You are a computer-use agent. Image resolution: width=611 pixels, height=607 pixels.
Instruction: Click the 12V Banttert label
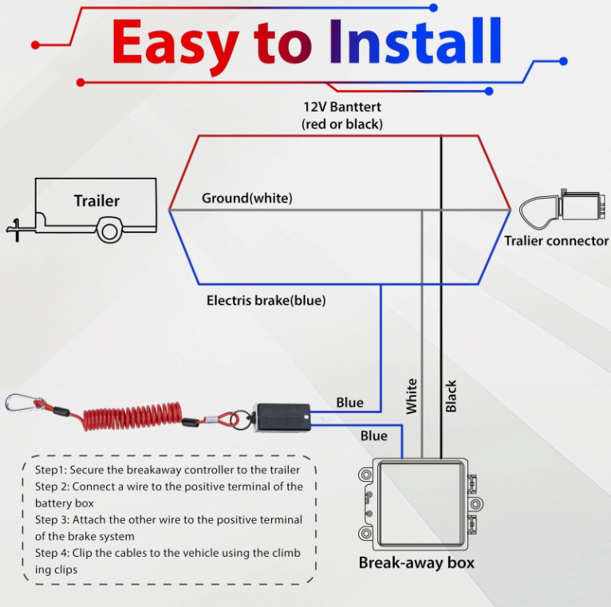342,106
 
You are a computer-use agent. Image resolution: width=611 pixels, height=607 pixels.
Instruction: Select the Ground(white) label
247,198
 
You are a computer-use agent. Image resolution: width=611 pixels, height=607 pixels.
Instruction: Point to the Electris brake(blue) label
266,301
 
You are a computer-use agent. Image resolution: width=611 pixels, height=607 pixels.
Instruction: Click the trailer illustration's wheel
108,231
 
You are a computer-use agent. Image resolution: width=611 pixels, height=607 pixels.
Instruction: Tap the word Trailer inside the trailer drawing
97,201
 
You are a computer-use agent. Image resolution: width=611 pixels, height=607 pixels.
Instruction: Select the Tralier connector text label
556,240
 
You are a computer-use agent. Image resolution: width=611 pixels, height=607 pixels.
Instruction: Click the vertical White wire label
412,396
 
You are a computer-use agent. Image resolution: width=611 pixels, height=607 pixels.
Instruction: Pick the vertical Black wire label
451,396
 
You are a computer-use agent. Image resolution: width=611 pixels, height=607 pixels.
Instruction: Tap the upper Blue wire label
349,403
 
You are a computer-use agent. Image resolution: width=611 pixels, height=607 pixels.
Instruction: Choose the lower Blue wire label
373,436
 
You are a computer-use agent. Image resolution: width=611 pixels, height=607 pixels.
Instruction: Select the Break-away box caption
416,562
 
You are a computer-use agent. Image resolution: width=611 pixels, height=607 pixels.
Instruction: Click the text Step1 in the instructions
50,469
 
